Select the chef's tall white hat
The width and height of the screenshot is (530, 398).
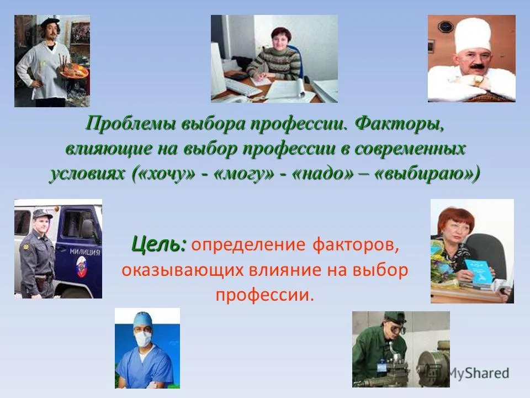pyautogui.click(x=472, y=35)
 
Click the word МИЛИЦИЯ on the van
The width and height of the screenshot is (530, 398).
pyautogui.click(x=85, y=252)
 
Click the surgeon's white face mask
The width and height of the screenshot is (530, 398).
pyautogui.click(x=143, y=338)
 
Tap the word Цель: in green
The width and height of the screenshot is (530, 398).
pyautogui.click(x=159, y=244)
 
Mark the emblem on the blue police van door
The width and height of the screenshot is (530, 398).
pyautogui.click(x=82, y=266)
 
